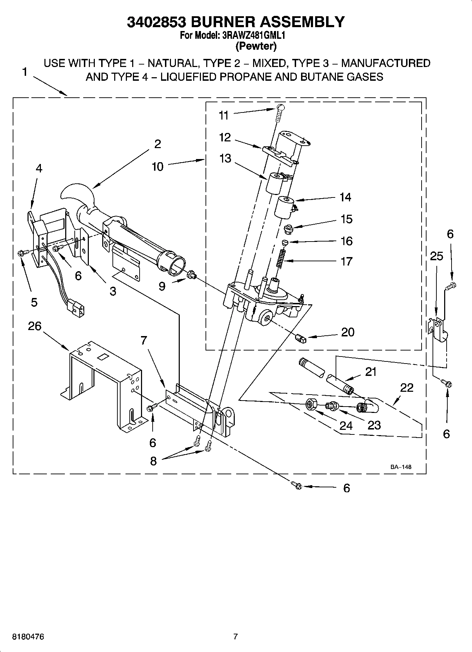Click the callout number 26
(35, 326)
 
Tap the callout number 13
(225, 158)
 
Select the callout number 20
(348, 332)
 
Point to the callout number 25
(436, 256)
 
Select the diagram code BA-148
(400, 467)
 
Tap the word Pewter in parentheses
(256, 46)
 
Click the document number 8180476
(28, 637)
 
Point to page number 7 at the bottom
(235, 637)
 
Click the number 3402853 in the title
(157, 22)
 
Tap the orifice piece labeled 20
(301, 338)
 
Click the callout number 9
(162, 286)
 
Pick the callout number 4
(39, 169)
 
